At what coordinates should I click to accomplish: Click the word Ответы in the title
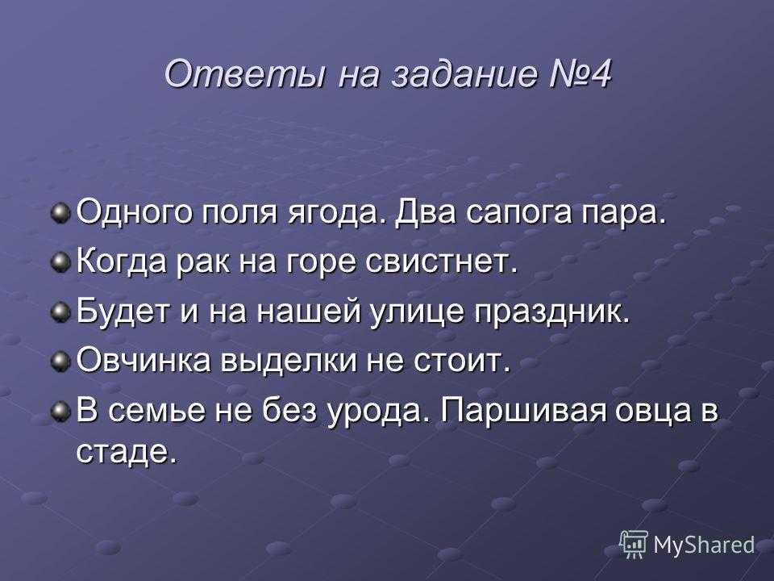coord(245,74)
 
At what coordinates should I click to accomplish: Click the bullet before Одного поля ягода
coord(60,213)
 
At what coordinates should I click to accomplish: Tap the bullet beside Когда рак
coord(60,261)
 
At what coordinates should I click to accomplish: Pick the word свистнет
coord(441,261)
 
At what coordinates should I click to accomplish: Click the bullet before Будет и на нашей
coord(60,311)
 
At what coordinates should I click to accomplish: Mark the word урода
coord(377,411)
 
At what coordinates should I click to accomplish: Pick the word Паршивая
coord(522,411)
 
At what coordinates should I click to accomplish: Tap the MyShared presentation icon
coord(634,544)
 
